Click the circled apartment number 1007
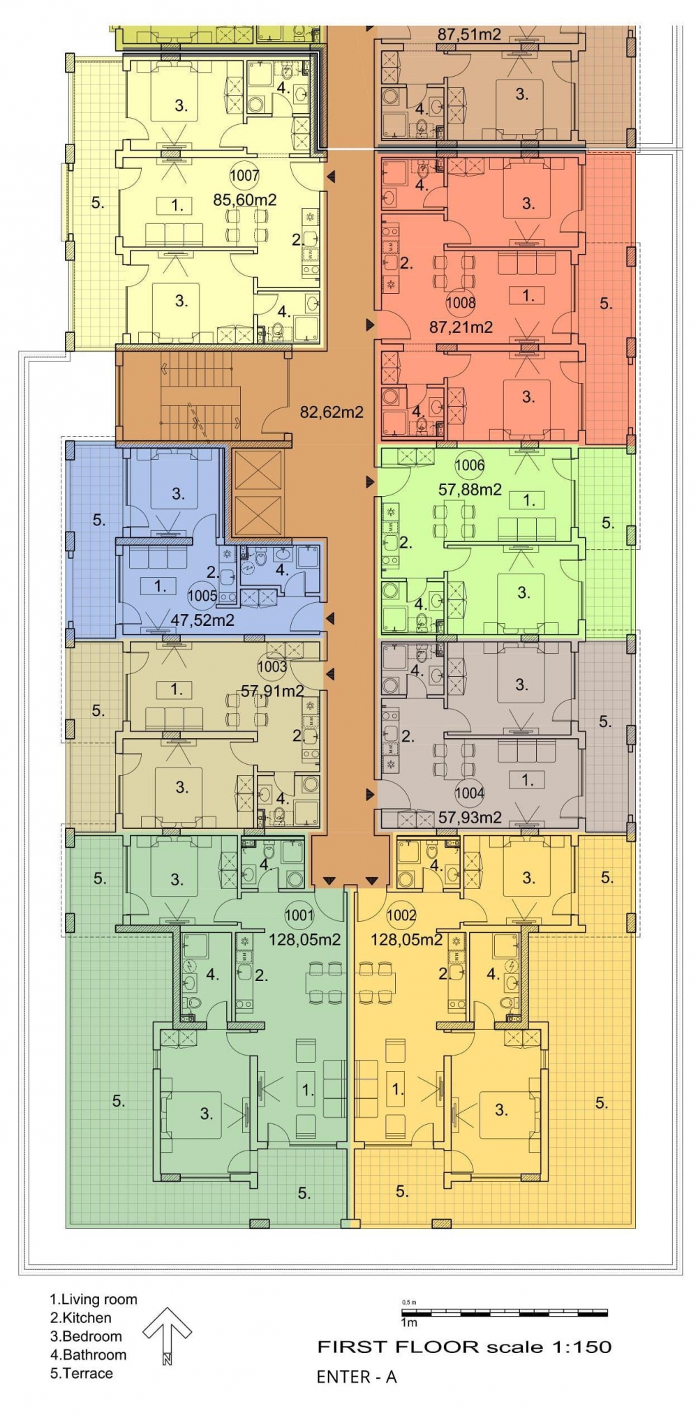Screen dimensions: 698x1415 (x=244, y=176)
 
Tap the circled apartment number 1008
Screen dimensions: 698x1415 (x=461, y=302)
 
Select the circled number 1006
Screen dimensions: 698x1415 (x=470, y=465)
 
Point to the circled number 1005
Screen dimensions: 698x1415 (x=202, y=595)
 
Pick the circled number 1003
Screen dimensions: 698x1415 (x=272, y=666)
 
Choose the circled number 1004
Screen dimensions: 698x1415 (x=470, y=793)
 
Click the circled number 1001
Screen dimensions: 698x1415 (x=299, y=915)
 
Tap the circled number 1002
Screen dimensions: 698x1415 (x=401, y=915)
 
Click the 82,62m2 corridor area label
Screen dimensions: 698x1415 (x=332, y=412)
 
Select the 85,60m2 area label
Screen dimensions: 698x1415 (x=244, y=200)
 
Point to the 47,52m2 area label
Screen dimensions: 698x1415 (x=202, y=620)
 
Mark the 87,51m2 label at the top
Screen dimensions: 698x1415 (x=469, y=34)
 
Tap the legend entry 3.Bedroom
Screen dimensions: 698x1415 (x=86, y=1336)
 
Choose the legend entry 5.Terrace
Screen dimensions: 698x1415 (x=81, y=1373)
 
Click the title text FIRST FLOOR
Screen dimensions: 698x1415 (x=397, y=1347)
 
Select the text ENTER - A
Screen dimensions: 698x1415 (x=357, y=1377)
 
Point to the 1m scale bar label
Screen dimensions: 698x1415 (x=409, y=1322)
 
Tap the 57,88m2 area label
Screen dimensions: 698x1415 (x=470, y=490)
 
